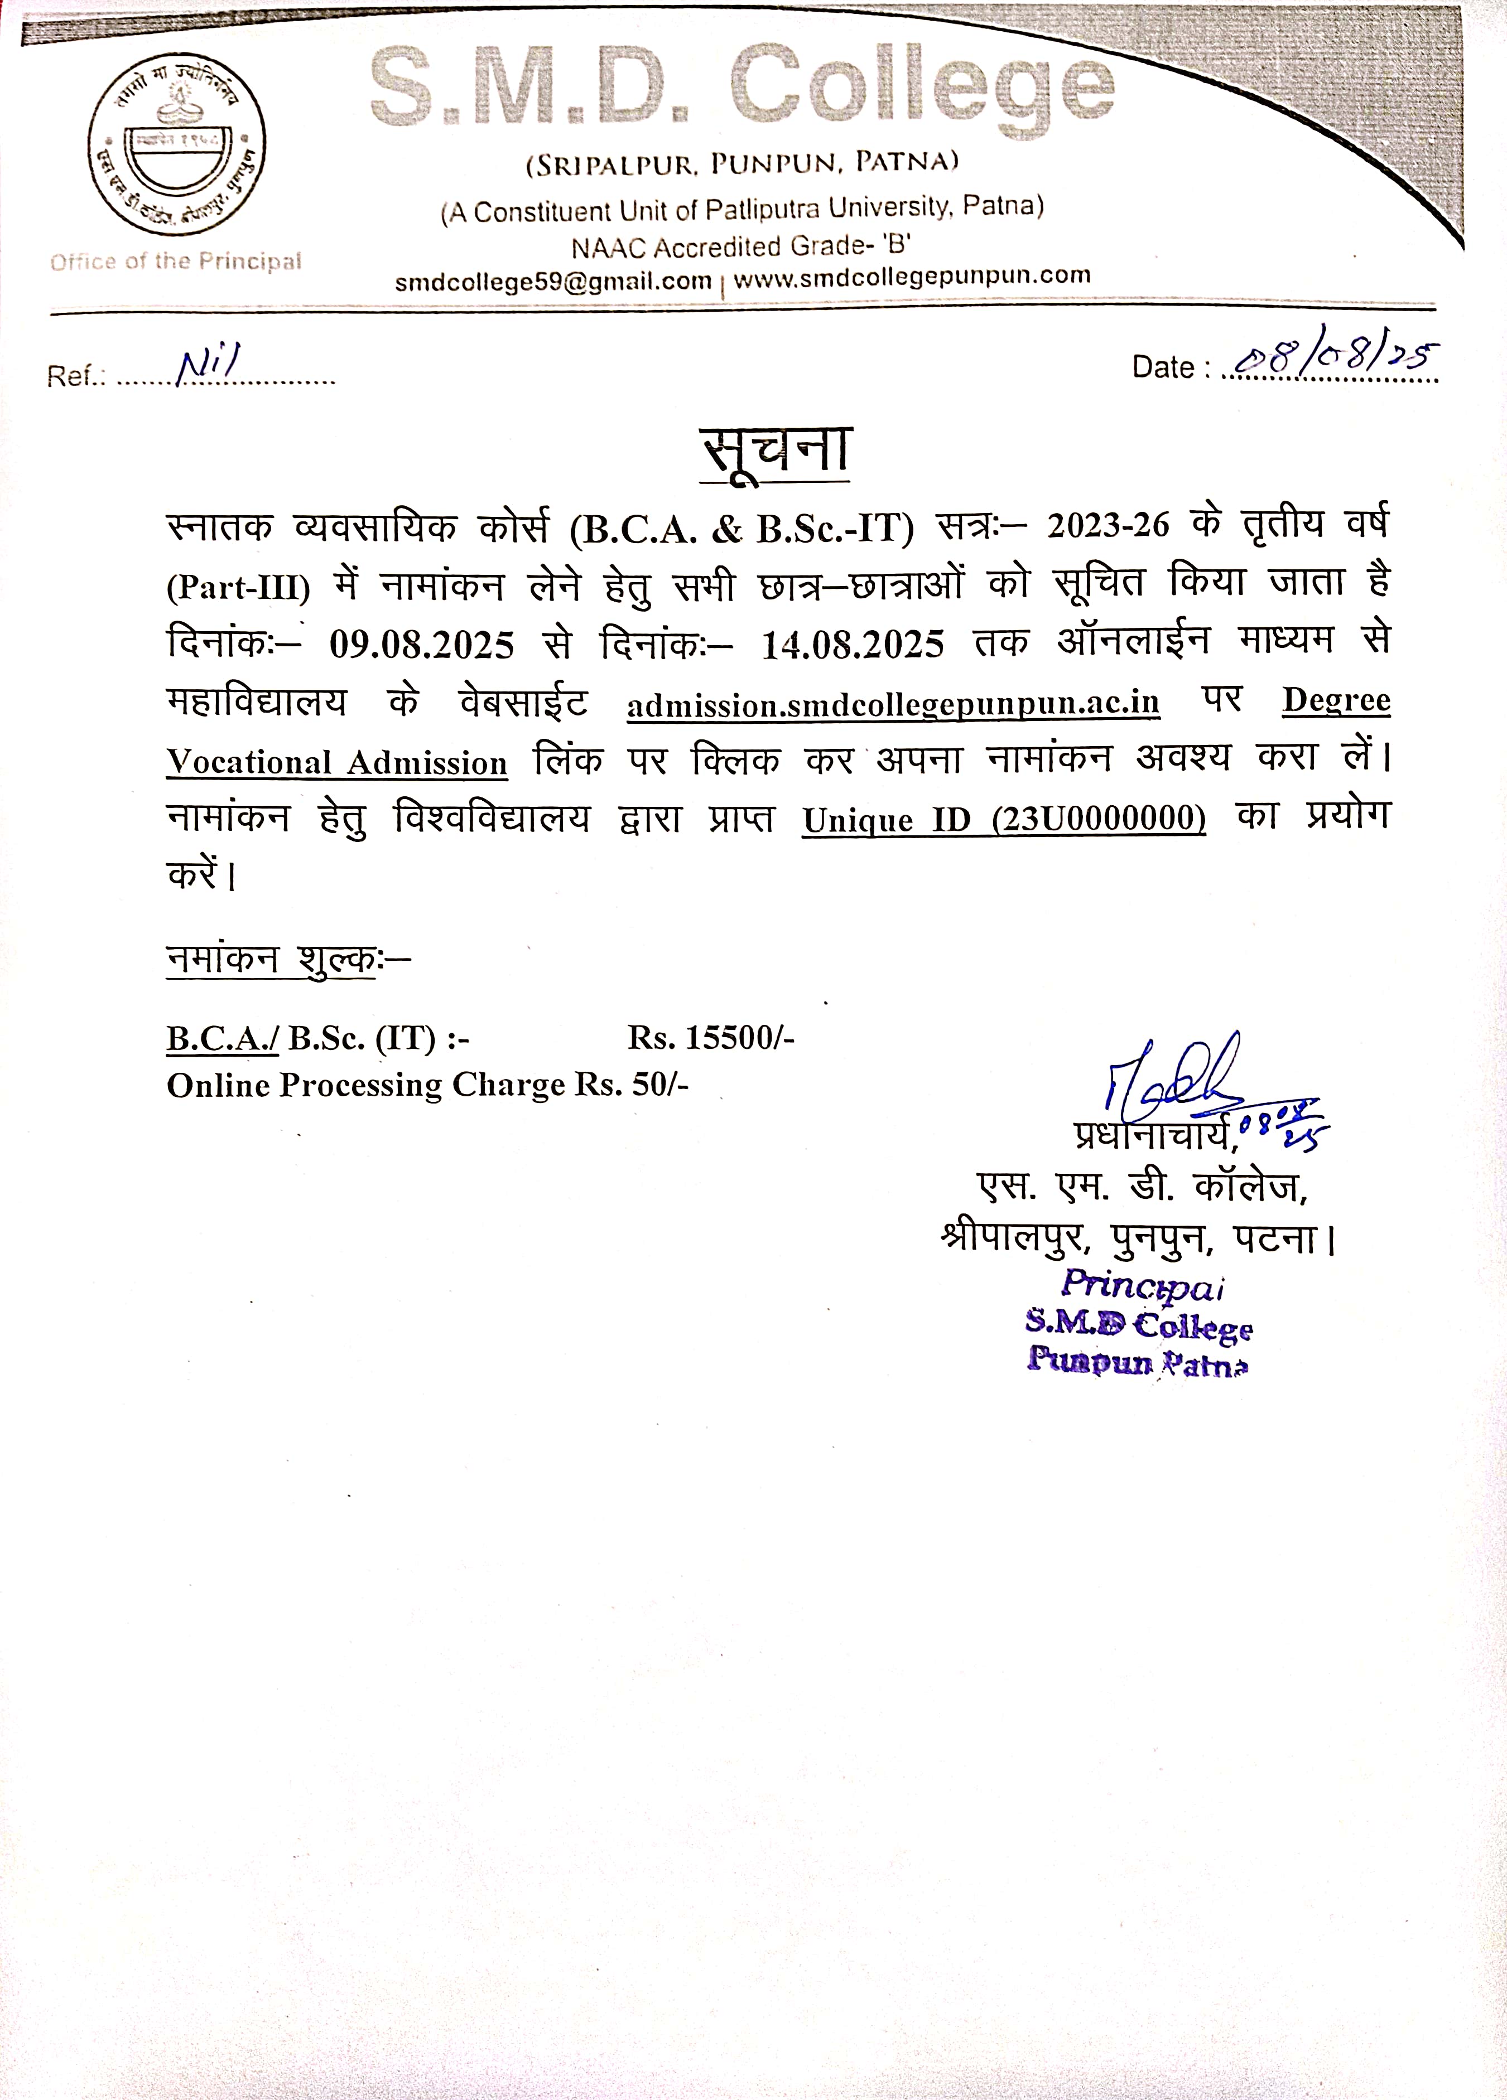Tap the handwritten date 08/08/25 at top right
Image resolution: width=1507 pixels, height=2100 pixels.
click(x=1334, y=359)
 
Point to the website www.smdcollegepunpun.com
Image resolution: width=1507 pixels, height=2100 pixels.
click(x=912, y=277)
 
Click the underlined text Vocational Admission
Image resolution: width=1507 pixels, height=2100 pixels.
click(x=337, y=763)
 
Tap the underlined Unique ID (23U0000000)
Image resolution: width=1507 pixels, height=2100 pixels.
click(x=1004, y=820)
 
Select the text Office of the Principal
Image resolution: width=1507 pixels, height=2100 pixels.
click(x=176, y=262)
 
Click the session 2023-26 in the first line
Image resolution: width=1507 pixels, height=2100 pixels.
click(x=1108, y=526)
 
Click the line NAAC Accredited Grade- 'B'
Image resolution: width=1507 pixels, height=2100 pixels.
click(x=741, y=246)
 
